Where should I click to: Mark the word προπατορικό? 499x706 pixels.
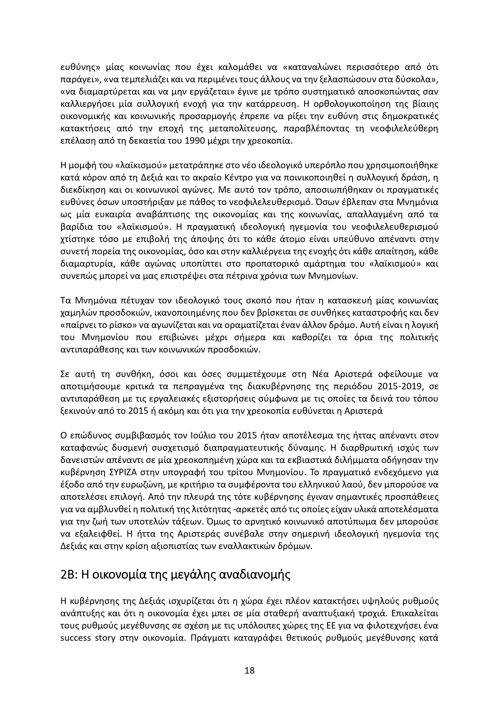click(276, 264)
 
